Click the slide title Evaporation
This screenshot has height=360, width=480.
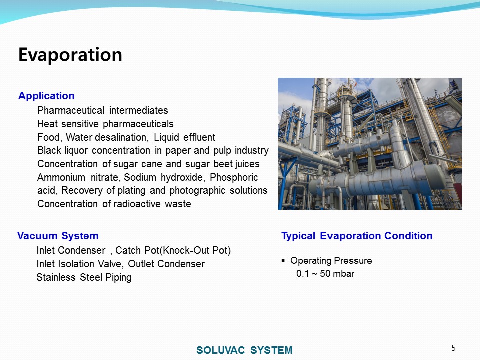tap(70, 55)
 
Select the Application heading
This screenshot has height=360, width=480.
tap(46, 96)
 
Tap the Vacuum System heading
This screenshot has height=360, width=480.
tap(58, 236)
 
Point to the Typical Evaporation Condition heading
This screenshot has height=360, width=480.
tap(357, 236)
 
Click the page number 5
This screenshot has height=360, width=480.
tap(453, 348)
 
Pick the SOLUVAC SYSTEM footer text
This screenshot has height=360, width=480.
tap(244, 350)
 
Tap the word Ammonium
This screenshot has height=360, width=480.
tap(61, 177)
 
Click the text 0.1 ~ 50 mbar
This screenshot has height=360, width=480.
tap(325, 273)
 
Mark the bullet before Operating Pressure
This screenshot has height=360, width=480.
tap(283, 261)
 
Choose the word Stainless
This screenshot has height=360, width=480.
tap(56, 277)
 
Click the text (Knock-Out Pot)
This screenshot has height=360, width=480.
tap(195, 250)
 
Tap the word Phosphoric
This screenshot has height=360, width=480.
tap(234, 178)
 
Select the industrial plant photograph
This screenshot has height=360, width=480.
tap(370, 144)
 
